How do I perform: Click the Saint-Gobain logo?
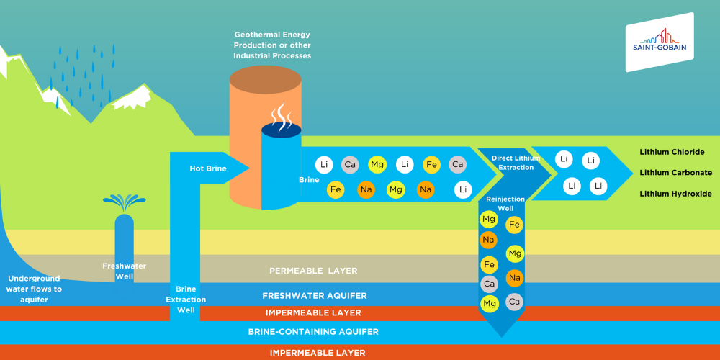[659, 42]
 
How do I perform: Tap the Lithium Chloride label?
[672, 152]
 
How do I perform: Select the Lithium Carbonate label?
[675, 173]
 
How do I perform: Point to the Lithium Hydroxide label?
[675, 194]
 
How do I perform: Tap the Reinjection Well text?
[505, 203]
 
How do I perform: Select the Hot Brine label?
[207, 168]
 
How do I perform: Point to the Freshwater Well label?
[124, 271]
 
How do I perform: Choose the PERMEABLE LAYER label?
[313, 271]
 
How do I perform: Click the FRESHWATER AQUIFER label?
[315, 296]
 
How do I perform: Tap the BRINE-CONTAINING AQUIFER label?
[313, 332]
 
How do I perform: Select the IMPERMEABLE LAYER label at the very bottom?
[318, 353]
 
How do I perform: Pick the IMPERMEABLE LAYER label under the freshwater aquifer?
[313, 313]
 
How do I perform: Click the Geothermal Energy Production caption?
[272, 45]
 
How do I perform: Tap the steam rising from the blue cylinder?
[279, 113]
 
